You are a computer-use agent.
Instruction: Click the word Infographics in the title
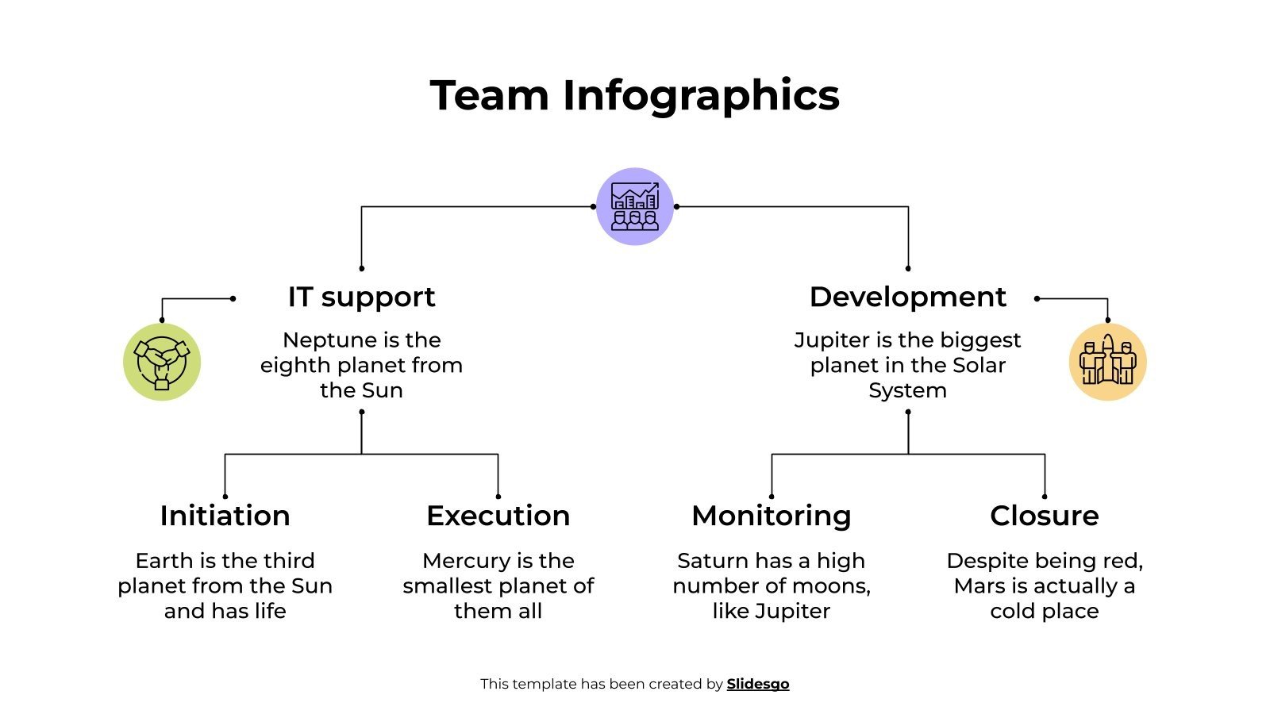[x=701, y=96]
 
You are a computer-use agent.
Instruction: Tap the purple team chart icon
[x=635, y=206]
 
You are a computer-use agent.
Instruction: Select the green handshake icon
[x=162, y=362]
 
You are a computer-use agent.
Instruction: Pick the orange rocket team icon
[x=1107, y=362]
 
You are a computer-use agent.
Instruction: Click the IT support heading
[x=361, y=297]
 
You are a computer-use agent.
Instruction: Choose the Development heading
[x=907, y=297]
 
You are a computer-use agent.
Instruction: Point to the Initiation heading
[x=225, y=516]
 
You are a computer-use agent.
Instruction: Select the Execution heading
[x=498, y=516]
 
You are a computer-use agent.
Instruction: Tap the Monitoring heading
[x=771, y=516]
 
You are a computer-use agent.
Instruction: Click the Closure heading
[x=1044, y=516]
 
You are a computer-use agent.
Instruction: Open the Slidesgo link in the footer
[x=757, y=684]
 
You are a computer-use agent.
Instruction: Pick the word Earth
[x=164, y=561]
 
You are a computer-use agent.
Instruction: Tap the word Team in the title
[x=489, y=96]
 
